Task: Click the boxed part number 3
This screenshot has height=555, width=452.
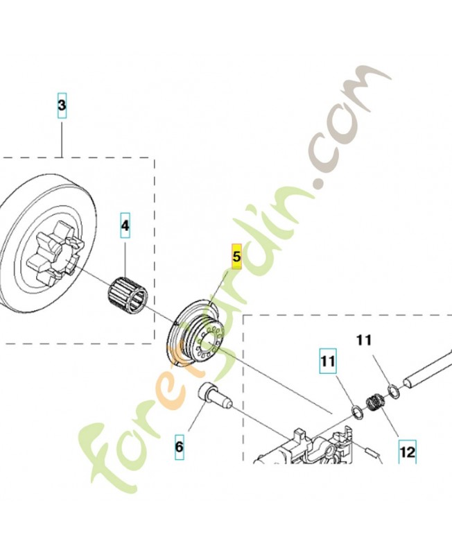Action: (x=62, y=106)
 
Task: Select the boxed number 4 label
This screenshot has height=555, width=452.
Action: (x=125, y=226)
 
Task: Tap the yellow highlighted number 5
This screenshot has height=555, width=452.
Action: (x=236, y=257)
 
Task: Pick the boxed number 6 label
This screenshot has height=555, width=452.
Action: (x=179, y=447)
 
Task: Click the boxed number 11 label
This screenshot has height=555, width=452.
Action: (x=327, y=361)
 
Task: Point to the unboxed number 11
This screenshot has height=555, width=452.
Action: (x=365, y=341)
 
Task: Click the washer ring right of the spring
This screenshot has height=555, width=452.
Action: (x=393, y=391)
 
